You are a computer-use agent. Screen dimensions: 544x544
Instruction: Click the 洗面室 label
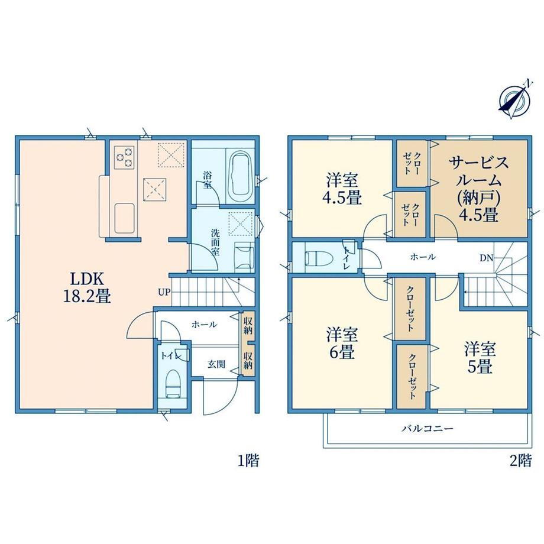pos(215,242)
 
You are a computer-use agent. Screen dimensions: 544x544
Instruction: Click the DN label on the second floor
pos(487,258)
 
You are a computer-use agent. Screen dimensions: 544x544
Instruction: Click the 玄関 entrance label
pos(216,364)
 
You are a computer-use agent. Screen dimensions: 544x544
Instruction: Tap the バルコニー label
pos(428,429)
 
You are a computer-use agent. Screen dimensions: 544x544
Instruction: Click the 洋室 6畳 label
pos(342,344)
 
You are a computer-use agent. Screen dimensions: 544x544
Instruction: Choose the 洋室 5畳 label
pos(480,358)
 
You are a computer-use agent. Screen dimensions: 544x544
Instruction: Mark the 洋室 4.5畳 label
pos(342,189)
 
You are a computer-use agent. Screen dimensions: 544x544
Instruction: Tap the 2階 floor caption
pos(521,461)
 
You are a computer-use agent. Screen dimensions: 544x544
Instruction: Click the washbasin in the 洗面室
pos(244,256)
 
